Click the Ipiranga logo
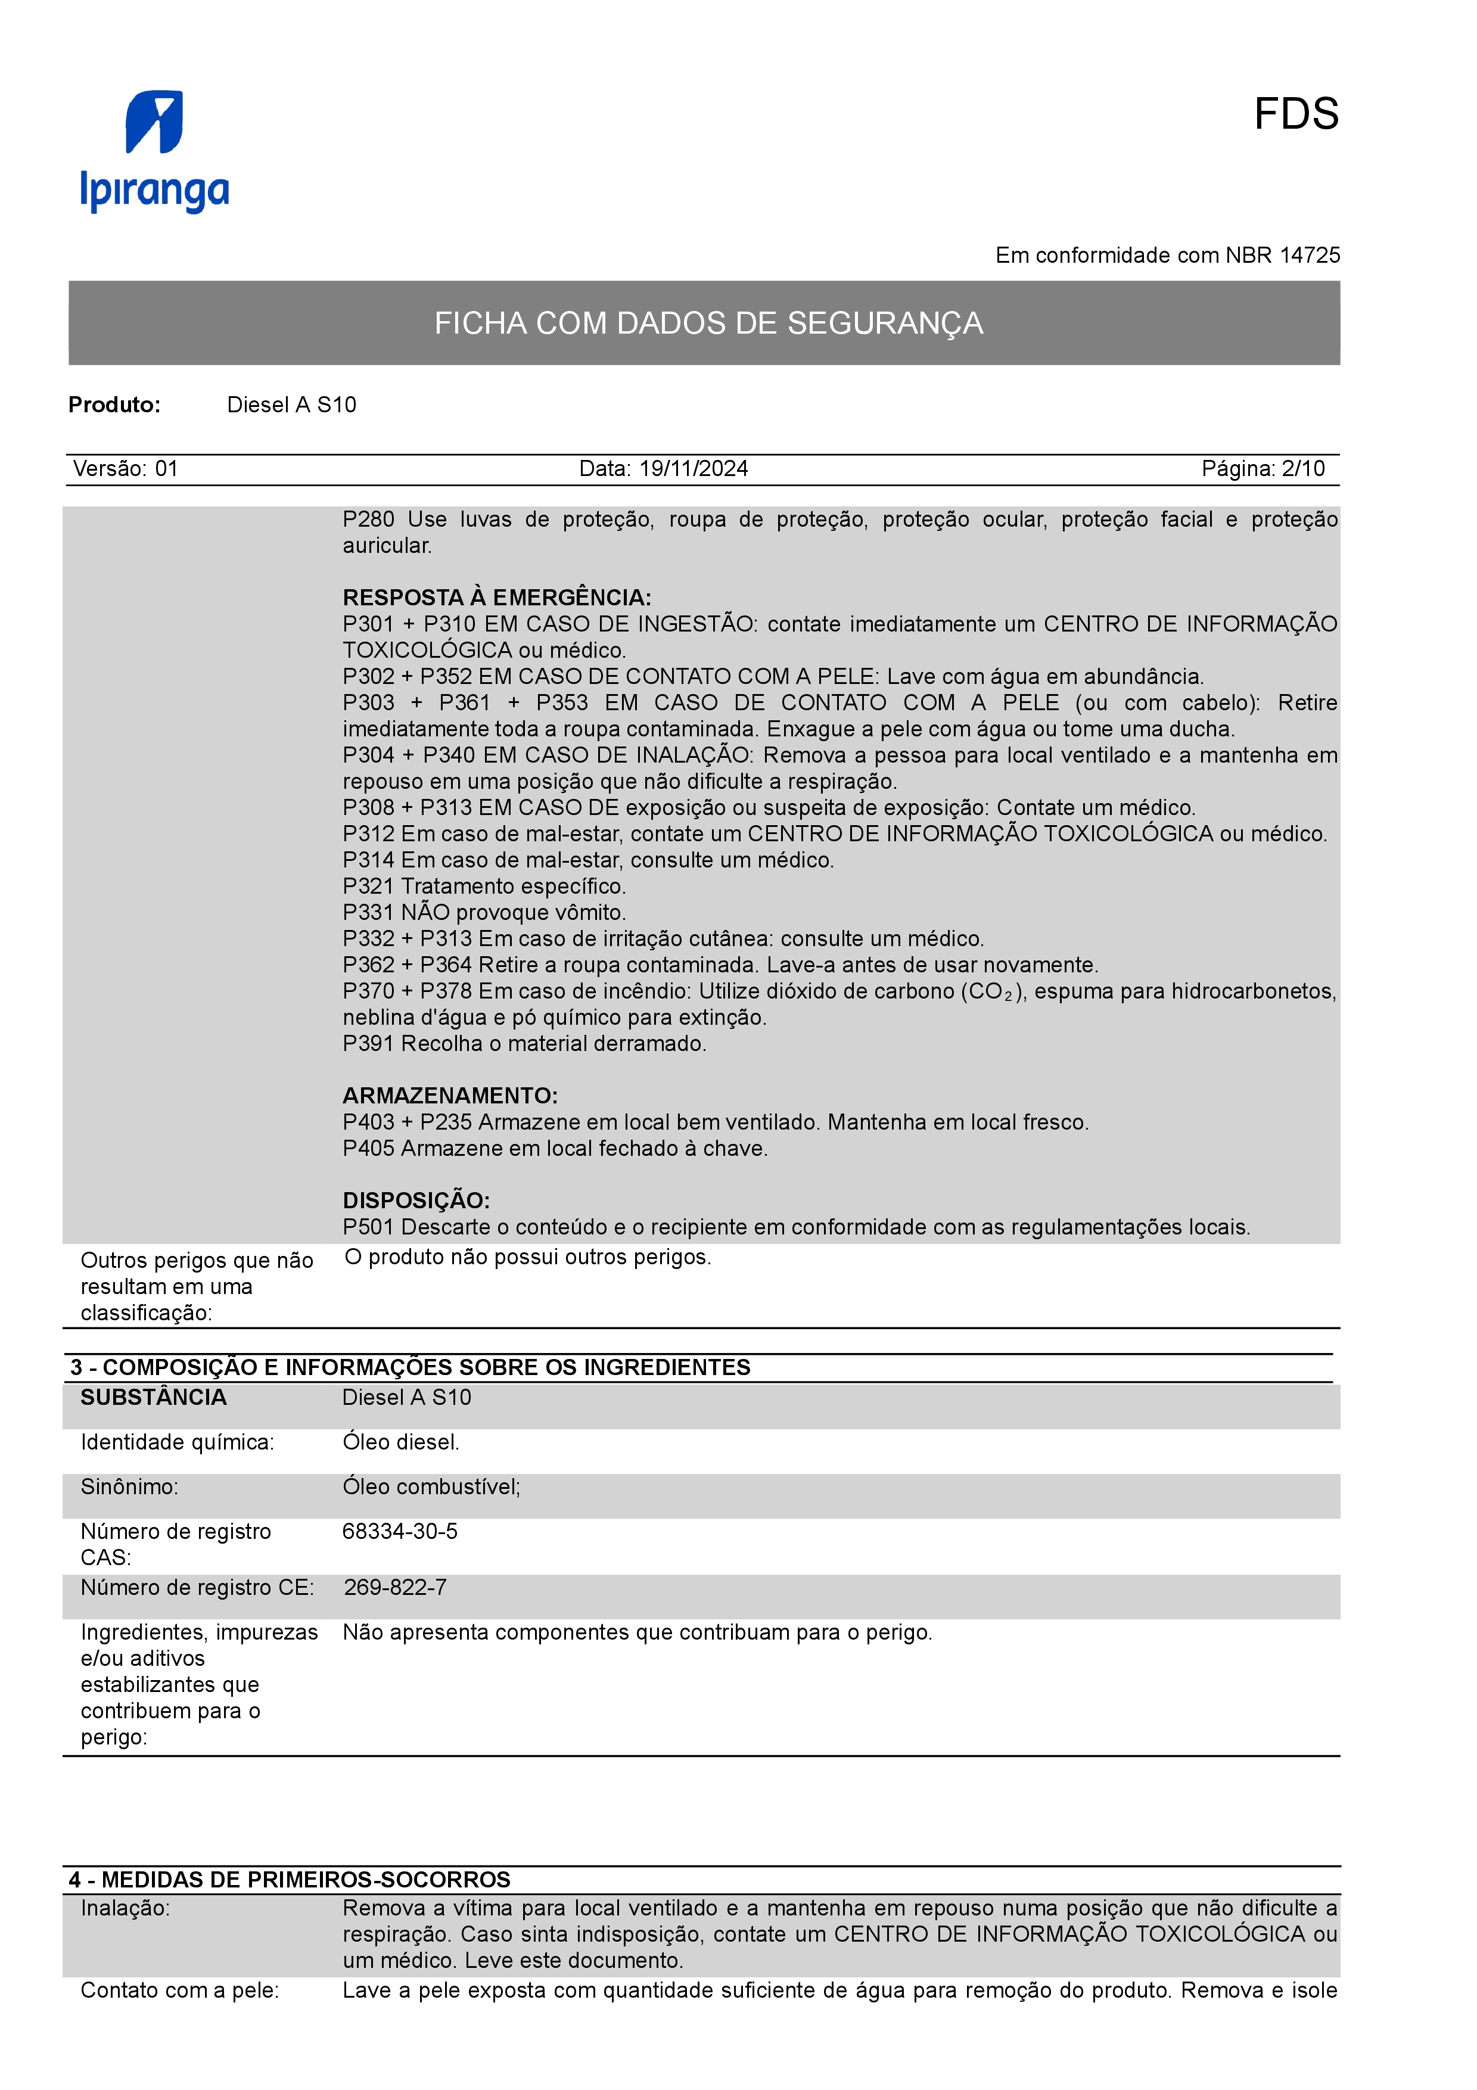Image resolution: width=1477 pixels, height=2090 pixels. click(155, 151)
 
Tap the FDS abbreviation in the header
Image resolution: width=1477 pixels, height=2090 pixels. click(1296, 115)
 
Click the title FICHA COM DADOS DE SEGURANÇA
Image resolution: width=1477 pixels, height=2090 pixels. click(708, 323)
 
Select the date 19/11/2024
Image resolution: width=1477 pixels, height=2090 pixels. click(694, 469)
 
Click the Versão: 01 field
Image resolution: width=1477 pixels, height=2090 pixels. click(126, 469)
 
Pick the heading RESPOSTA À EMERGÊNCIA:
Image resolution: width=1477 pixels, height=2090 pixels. click(497, 598)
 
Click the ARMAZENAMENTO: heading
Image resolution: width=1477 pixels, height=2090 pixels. click(450, 1096)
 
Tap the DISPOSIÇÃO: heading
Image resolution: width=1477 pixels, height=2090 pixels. click(416, 1200)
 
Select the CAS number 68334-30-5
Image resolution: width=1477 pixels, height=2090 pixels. click(400, 1532)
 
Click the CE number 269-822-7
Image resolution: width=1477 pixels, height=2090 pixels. click(395, 1588)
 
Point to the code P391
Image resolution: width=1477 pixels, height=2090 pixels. click(369, 1044)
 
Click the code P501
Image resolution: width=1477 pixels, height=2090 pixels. click(369, 1227)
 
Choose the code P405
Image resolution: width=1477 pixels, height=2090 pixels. click(369, 1149)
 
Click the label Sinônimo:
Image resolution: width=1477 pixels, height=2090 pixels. click(129, 1488)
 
